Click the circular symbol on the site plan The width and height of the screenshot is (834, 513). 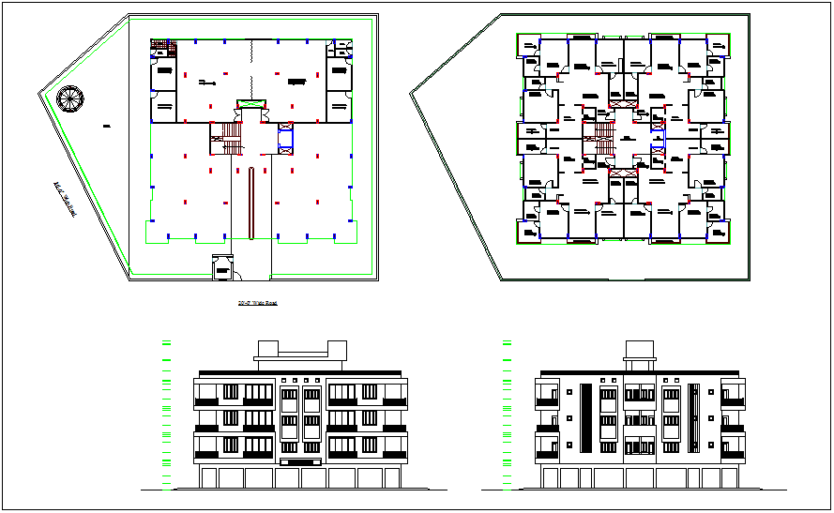[x=69, y=98]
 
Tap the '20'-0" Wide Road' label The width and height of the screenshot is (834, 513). [x=258, y=303]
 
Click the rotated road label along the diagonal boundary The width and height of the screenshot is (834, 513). [x=65, y=201]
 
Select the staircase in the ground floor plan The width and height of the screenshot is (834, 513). [x=225, y=139]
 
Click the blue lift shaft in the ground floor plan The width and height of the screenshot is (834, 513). [x=286, y=139]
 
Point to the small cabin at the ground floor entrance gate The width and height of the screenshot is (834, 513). [x=222, y=267]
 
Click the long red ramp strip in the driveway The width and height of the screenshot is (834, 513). [x=250, y=202]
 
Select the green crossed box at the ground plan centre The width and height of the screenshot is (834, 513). [x=250, y=102]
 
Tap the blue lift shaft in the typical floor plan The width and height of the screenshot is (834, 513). [x=655, y=123]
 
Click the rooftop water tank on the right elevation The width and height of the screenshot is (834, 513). [x=638, y=349]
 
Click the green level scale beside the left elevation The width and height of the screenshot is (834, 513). [x=166, y=413]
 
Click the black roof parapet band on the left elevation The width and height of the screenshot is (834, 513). [x=300, y=370]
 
